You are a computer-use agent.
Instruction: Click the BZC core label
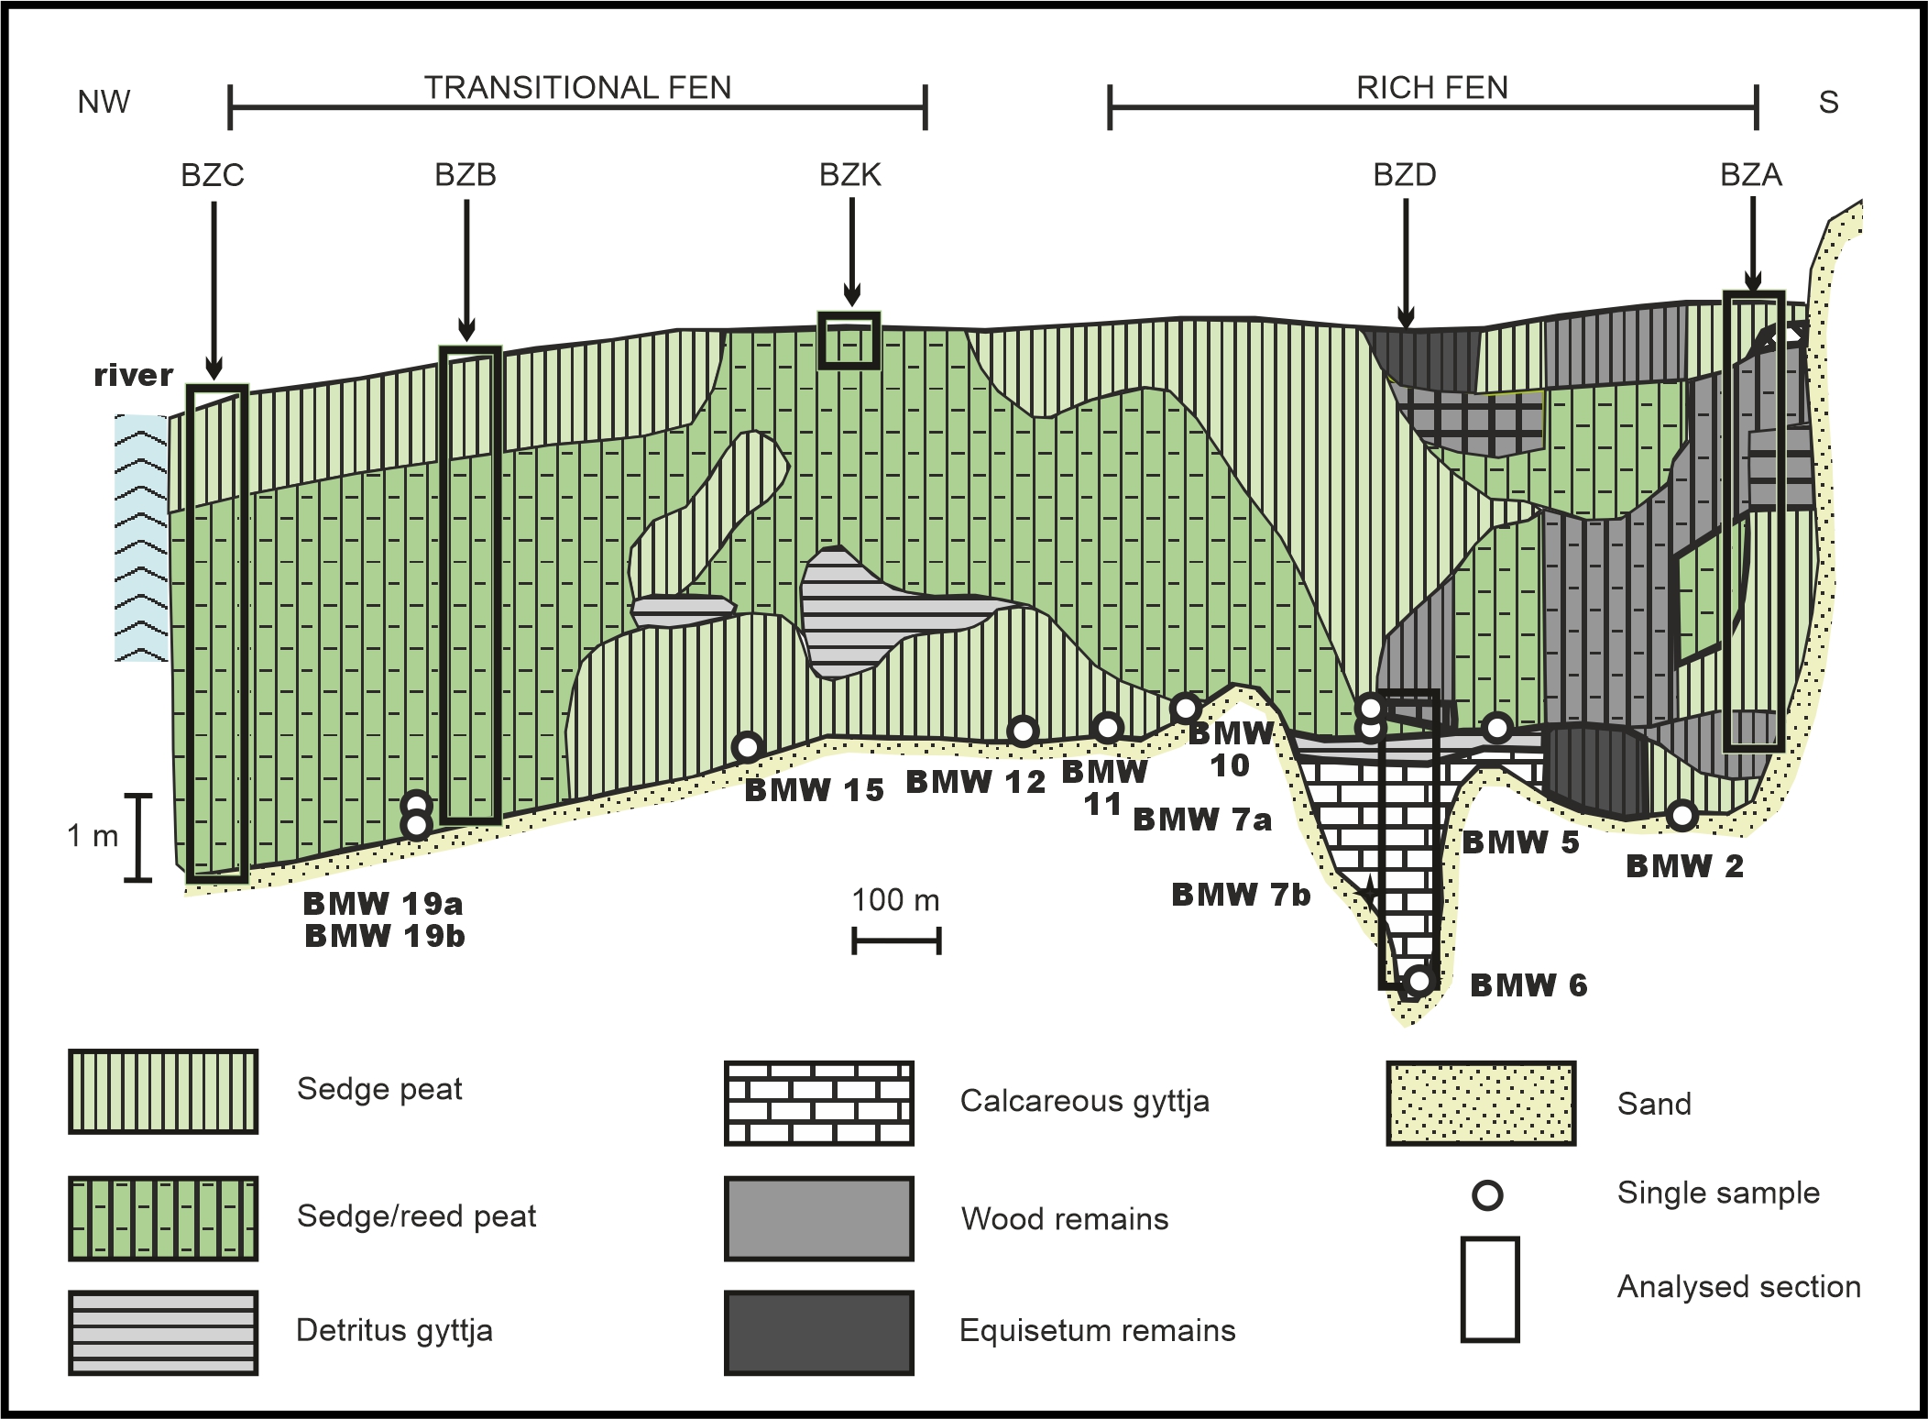213,175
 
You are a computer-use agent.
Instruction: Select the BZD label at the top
1405,175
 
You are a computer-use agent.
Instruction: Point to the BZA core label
1751,175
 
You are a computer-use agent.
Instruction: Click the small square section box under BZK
849,341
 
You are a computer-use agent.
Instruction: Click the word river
134,375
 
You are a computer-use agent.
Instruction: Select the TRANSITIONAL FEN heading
577,88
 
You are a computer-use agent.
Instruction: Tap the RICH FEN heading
1432,88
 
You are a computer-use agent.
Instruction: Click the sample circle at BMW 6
1419,981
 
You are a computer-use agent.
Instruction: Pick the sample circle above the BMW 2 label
1682,814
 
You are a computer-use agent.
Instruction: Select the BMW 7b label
1242,895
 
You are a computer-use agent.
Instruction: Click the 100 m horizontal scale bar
896,941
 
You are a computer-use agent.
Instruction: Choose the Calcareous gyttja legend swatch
819,1104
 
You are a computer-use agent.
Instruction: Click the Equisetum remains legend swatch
819,1333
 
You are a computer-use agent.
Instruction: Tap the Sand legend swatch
1481,1104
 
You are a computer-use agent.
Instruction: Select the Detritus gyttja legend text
394,1331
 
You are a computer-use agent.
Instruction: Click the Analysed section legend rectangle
1490,1289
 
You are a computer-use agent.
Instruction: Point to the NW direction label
104,102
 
